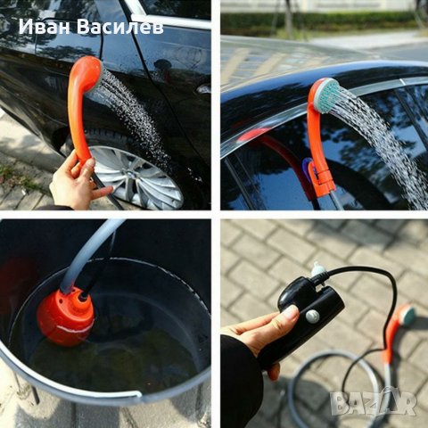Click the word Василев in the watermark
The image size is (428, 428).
pyautogui.click(x=120, y=27)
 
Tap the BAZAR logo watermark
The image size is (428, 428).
pyautogui.click(x=374, y=402)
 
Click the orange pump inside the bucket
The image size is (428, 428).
pyautogui.click(x=66, y=317)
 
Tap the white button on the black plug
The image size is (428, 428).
pyautogui.click(x=312, y=317)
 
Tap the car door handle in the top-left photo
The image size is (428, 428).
pyautogui.click(x=204, y=88)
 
